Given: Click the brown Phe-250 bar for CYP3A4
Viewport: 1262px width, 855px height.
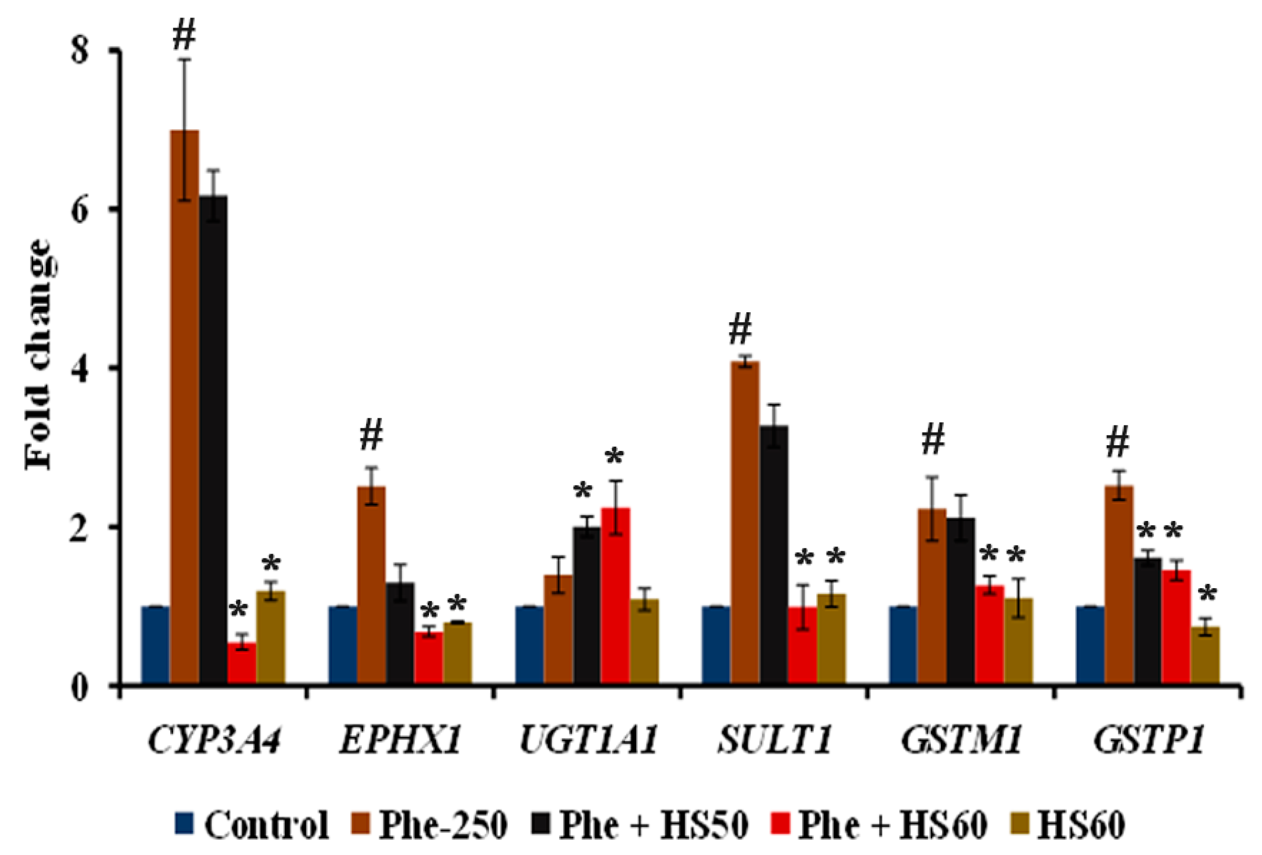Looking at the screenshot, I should (184, 407).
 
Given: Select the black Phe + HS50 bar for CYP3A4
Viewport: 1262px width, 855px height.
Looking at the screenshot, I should (213, 440).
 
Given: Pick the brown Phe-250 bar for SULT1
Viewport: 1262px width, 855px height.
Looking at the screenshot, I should (745, 521).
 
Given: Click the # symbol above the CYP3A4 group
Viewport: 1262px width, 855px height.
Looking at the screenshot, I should (184, 36).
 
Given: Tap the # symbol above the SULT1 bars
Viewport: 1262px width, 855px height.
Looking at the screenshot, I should (740, 330).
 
